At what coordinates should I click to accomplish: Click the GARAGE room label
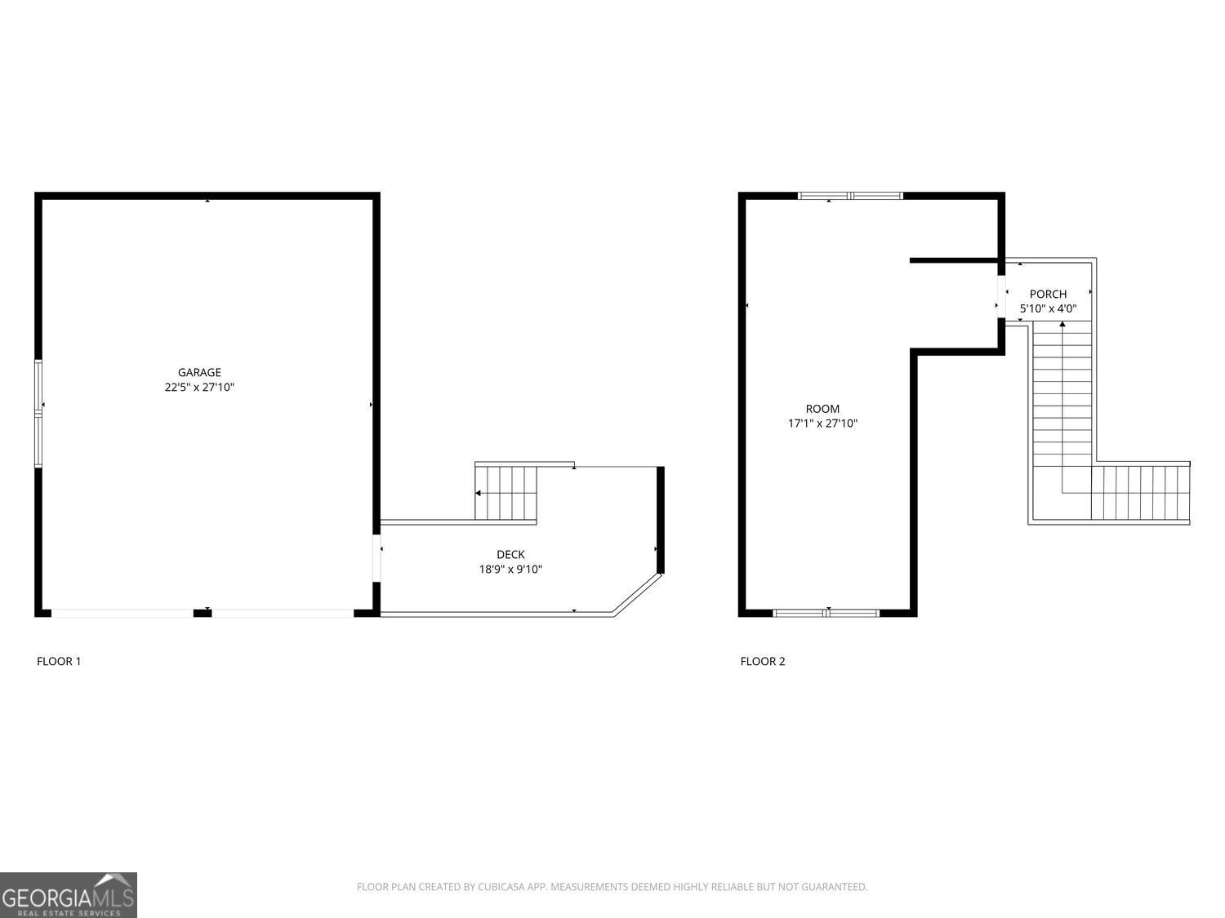[199, 373]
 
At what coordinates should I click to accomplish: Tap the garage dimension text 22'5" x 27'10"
[199, 388]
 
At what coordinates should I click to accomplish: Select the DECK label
[510, 555]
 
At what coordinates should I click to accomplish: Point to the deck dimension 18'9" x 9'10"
[510, 570]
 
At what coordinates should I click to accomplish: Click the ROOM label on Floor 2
[822, 409]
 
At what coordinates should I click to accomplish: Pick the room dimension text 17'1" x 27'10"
[822, 424]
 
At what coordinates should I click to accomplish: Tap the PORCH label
[1048, 294]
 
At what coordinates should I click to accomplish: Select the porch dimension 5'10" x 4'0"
[1048, 308]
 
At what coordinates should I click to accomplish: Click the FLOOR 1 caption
[59, 661]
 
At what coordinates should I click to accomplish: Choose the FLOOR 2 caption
[763, 661]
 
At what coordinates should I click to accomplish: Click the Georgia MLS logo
[69, 895]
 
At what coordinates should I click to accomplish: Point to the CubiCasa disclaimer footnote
[612, 887]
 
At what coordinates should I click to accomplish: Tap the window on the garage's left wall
[38, 414]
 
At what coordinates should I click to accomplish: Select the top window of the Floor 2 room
[850, 196]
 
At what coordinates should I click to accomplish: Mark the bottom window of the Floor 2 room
[826, 612]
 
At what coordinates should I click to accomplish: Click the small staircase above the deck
[506, 493]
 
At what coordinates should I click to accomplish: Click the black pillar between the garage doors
[203, 613]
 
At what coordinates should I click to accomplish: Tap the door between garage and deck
[376, 558]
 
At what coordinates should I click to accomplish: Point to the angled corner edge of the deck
[638, 593]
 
